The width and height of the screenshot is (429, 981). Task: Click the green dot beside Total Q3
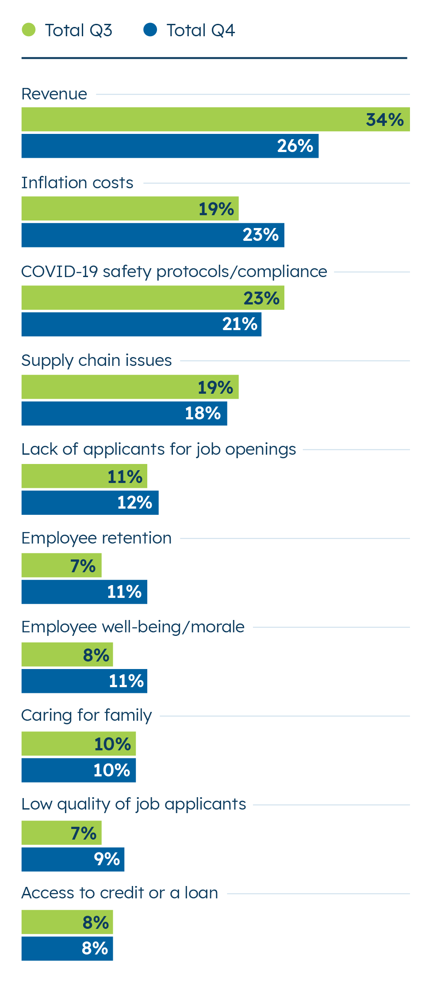click(x=29, y=30)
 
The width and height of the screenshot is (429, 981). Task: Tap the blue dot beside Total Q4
click(x=150, y=30)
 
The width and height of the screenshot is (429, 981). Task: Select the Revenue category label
click(x=54, y=94)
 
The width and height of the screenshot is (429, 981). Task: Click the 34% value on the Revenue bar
click(x=385, y=120)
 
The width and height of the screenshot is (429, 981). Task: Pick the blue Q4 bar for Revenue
click(x=170, y=146)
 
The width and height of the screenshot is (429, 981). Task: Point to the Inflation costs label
click(x=77, y=183)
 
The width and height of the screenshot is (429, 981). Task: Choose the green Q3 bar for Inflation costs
click(x=130, y=209)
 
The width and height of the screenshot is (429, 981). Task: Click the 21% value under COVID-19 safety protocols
click(x=240, y=324)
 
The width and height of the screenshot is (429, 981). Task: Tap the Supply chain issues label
click(x=96, y=361)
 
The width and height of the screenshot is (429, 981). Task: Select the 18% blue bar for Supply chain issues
click(x=124, y=414)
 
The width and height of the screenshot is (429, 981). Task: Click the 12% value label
click(x=134, y=503)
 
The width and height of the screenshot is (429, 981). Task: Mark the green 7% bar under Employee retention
click(x=61, y=566)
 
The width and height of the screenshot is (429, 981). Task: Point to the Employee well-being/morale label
click(x=133, y=627)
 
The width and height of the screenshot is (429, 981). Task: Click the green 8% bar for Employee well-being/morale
click(x=67, y=655)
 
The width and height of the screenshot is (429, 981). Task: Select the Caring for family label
click(x=87, y=715)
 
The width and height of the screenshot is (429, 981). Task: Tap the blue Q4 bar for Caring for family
click(x=78, y=770)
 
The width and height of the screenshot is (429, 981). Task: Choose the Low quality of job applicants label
click(x=134, y=804)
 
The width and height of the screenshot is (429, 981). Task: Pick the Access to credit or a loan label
click(x=120, y=893)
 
